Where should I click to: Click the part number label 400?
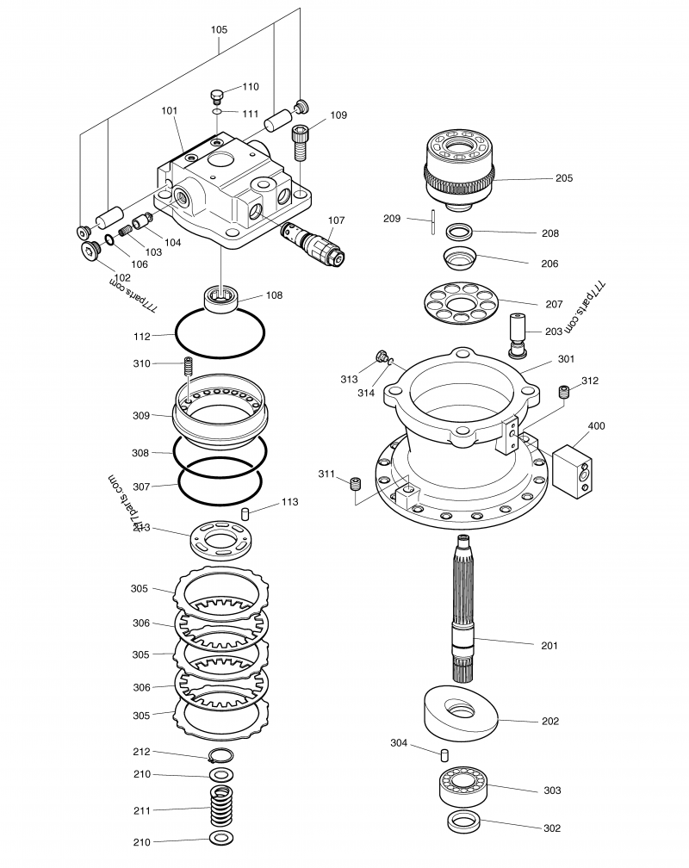596,426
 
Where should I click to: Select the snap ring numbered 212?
220,757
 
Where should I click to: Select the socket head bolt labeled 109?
300,142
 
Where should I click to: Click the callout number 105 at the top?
219,29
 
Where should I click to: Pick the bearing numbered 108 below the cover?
222,298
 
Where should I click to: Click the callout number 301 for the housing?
566,359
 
